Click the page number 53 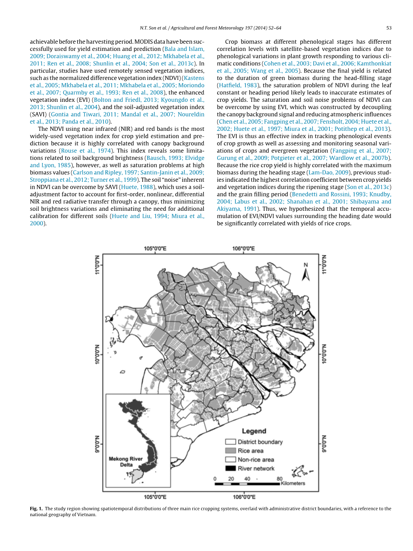(x=388, y=28)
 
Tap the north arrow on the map (x=306, y=272)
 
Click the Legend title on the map (x=254, y=431)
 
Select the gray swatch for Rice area (x=230, y=451)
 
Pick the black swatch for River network (x=230, y=468)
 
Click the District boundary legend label (x=260, y=442)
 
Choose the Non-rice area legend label (x=256, y=459)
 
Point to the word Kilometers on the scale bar (x=293, y=484)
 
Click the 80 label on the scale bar (x=280, y=478)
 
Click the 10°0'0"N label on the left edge (x=97, y=354)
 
